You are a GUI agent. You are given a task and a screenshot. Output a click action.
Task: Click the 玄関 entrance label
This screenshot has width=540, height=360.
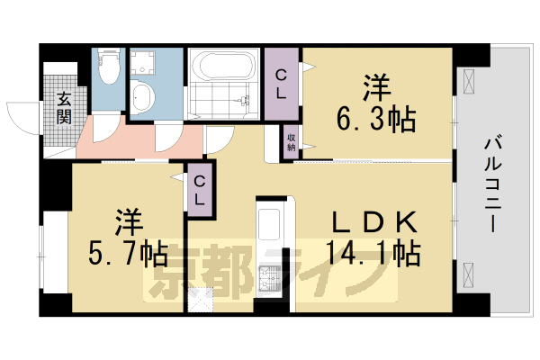65,107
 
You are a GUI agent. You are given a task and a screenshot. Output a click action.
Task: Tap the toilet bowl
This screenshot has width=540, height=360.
108,65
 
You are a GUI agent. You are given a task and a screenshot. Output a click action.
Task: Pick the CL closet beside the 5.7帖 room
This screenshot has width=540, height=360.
200,190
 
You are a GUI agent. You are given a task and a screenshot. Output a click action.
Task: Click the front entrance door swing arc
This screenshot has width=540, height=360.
22,115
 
